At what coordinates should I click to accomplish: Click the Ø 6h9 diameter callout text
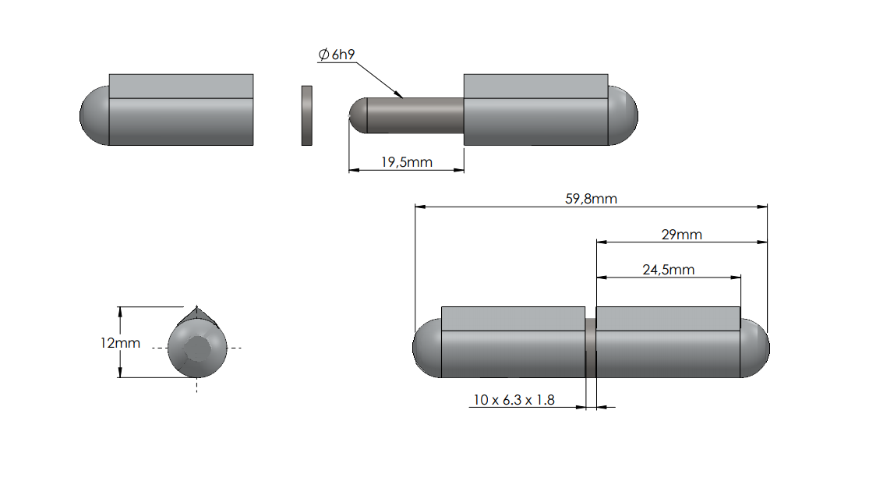point(337,55)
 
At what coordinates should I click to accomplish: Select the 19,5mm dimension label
point(406,162)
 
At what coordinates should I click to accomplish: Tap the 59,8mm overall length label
point(591,199)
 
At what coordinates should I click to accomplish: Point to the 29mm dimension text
point(680,234)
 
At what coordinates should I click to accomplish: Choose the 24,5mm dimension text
point(668,270)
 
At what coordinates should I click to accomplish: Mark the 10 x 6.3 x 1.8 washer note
point(514,400)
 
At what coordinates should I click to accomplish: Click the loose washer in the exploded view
point(307,115)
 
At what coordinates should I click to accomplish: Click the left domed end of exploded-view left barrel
point(94,115)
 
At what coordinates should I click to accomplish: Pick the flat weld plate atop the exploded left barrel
point(181,86)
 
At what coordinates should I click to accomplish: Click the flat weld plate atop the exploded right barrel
point(535,86)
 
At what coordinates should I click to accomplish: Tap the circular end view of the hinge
point(197,348)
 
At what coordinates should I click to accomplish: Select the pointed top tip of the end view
point(197,309)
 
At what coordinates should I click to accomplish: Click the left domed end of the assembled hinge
point(426,348)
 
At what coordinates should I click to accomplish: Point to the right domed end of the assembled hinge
point(754,348)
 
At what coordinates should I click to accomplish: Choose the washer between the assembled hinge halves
point(590,348)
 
